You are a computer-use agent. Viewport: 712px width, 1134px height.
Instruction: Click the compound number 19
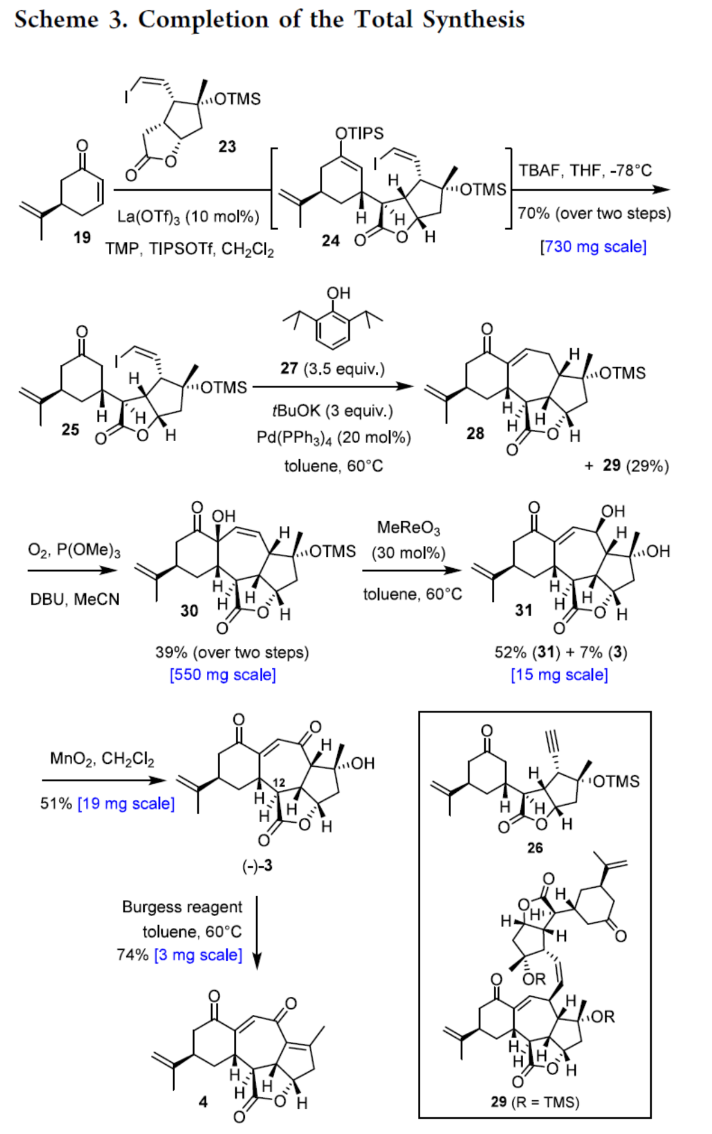pyautogui.click(x=82, y=237)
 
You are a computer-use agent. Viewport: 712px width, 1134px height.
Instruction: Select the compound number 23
pyautogui.click(x=227, y=146)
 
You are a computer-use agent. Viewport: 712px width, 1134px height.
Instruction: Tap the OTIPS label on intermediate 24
pyautogui.click(x=359, y=133)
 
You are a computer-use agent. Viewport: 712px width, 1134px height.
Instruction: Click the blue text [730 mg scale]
pyautogui.click(x=593, y=247)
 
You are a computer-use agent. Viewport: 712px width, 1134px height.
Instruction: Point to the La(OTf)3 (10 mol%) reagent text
pyautogui.click(x=188, y=217)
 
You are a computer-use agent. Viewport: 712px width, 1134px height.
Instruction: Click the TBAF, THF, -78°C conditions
pyautogui.click(x=585, y=170)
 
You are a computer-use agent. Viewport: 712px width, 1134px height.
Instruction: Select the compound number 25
pyautogui.click(x=70, y=429)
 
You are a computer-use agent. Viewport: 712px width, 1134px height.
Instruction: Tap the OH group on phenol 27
pyautogui.click(x=338, y=293)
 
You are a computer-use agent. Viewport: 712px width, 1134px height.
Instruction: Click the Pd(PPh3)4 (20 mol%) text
pyautogui.click(x=334, y=438)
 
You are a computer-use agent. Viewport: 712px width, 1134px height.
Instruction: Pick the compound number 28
pyautogui.click(x=475, y=433)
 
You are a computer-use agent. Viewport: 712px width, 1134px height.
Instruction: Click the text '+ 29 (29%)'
pyautogui.click(x=627, y=465)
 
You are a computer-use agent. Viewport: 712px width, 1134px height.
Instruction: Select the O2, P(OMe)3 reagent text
pyautogui.click(x=74, y=550)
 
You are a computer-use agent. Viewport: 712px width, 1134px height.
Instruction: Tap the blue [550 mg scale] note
pyautogui.click(x=222, y=675)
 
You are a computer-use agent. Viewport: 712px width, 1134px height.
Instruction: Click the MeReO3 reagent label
pyautogui.click(x=408, y=528)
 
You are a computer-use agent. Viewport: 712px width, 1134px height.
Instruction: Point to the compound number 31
pyautogui.click(x=523, y=610)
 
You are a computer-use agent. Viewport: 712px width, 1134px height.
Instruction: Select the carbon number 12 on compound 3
pyautogui.click(x=278, y=783)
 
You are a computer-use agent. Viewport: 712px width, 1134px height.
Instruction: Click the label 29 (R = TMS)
pyautogui.click(x=535, y=1102)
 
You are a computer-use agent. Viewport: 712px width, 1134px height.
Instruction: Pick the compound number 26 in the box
pyautogui.click(x=535, y=847)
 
